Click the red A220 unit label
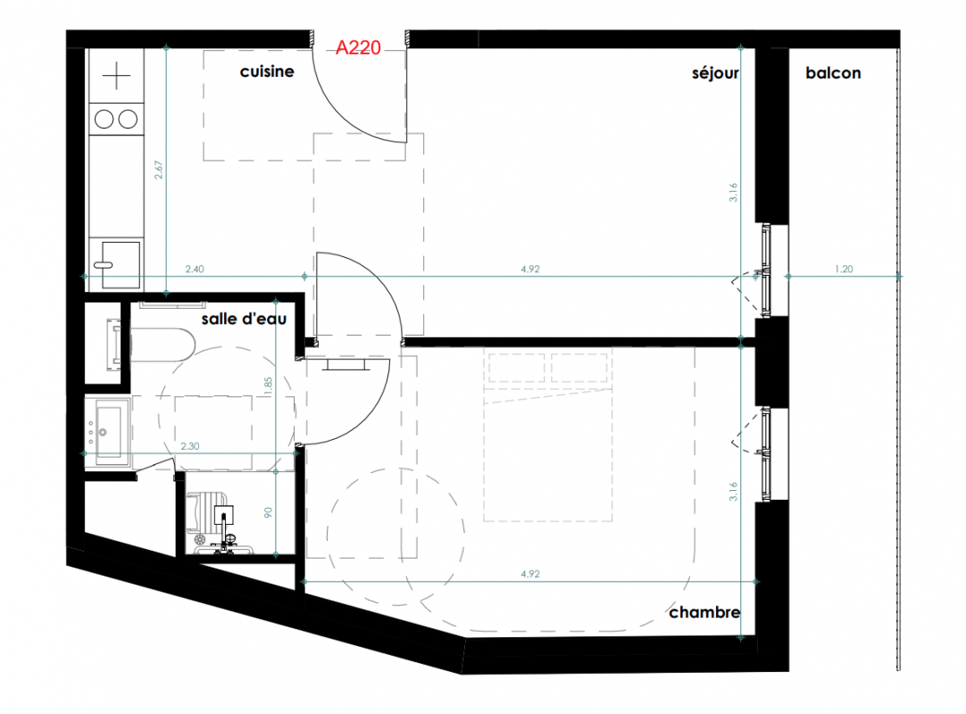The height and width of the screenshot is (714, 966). tap(358, 48)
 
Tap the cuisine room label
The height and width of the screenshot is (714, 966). tap(267, 71)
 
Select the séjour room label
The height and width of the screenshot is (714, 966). tap(715, 73)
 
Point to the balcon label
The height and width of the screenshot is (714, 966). tap(833, 73)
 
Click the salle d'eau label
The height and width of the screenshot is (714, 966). tap(244, 319)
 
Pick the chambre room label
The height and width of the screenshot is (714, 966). tap(704, 612)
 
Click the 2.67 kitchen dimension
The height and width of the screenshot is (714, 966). tap(159, 170)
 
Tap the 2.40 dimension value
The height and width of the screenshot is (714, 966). tap(195, 270)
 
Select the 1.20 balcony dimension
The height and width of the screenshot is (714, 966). tap(844, 270)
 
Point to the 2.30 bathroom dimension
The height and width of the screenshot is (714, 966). tap(190, 446)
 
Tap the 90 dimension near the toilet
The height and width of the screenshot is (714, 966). tap(268, 512)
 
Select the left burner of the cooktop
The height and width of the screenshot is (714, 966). tap(104, 119)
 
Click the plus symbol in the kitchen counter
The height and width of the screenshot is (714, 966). tap(116, 76)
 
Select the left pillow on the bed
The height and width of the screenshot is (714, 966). tap(517, 368)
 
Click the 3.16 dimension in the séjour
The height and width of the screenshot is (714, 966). tap(733, 193)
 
